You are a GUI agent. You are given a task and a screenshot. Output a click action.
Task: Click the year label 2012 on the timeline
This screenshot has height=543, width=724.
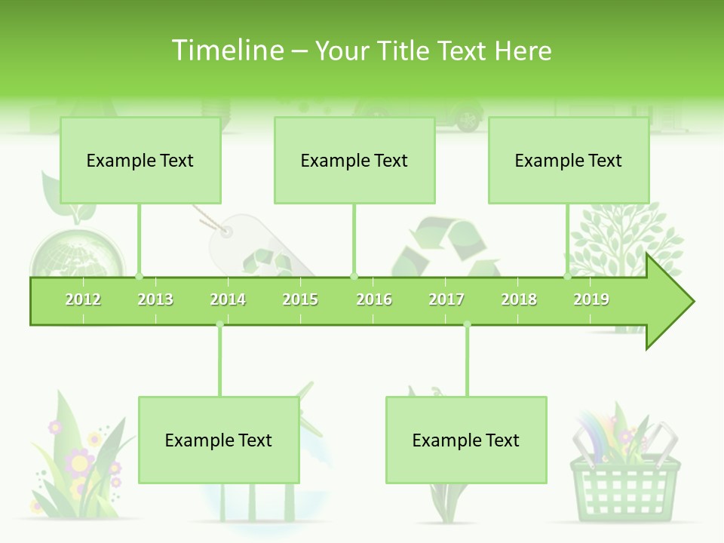[x=83, y=299]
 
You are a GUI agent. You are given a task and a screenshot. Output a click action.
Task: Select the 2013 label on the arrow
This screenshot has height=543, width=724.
[x=155, y=299]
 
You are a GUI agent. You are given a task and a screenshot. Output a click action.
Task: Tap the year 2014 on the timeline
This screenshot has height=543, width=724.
[x=228, y=299]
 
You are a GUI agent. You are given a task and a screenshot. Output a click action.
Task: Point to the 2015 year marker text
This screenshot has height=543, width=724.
[x=300, y=299]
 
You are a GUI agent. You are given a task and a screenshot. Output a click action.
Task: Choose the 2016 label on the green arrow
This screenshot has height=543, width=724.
[x=374, y=299]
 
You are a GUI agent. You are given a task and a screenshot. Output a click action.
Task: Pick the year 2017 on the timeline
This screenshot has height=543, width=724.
[x=446, y=299]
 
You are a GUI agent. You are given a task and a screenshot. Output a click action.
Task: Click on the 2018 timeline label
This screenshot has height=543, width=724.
[x=519, y=299]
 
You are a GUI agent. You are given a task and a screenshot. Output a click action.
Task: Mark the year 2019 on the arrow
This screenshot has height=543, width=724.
[x=591, y=299]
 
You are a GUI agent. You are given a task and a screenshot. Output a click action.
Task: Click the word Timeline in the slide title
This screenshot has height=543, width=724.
[x=227, y=51]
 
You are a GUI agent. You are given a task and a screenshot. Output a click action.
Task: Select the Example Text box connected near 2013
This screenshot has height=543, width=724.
[x=140, y=160]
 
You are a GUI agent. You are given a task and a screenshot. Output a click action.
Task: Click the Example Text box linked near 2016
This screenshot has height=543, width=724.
[x=354, y=160]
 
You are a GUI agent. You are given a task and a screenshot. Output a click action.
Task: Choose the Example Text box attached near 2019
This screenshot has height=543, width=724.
[x=569, y=160]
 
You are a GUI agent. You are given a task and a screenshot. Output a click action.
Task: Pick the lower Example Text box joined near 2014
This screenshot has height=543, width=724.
[x=219, y=440]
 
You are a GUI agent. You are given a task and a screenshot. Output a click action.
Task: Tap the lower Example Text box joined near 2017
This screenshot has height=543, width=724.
[x=466, y=440]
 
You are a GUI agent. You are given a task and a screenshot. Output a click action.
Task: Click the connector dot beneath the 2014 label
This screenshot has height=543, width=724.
[x=219, y=325]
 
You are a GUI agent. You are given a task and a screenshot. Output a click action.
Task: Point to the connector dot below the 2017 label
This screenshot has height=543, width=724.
[x=467, y=325]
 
